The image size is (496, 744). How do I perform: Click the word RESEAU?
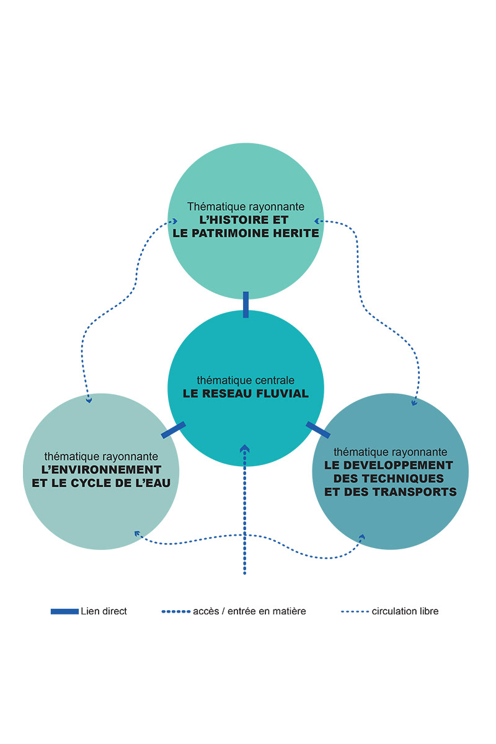228,394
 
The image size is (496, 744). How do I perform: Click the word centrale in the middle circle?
274,380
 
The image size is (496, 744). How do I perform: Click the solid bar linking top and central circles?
246,304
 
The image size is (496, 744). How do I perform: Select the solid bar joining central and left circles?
173,430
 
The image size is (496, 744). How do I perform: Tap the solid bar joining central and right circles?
318,430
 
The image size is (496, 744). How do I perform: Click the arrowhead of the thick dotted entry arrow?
245,448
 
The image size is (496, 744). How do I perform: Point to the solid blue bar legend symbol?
64,611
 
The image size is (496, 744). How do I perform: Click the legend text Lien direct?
104,611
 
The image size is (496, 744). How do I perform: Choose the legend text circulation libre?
405,611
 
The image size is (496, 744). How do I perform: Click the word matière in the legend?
290,611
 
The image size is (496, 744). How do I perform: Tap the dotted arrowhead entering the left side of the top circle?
175,221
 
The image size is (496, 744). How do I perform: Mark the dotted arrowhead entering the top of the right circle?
414,403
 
